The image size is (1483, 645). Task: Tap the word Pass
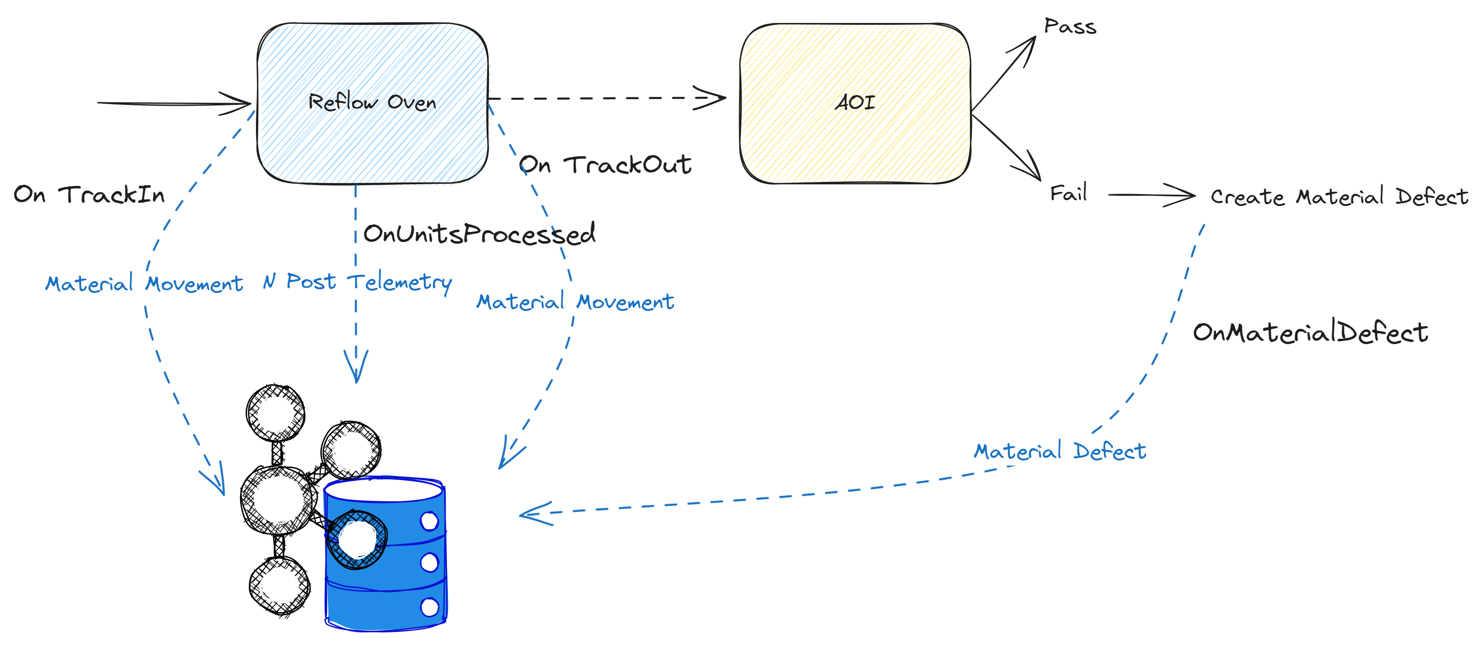1070,27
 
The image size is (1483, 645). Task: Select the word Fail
1068,193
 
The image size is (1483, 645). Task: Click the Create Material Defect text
1338,197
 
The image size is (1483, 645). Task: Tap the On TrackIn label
89,195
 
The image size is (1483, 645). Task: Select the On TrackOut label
604,165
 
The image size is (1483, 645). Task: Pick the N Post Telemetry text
357,282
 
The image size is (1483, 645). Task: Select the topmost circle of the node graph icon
275,412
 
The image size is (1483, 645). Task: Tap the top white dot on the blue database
429,521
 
